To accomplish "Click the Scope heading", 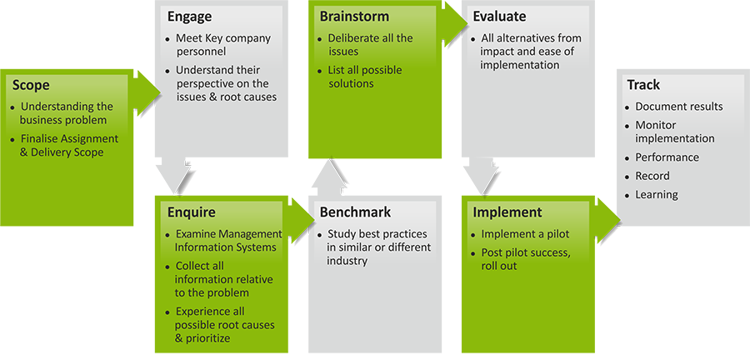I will click(31, 85).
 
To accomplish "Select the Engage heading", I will click(189, 17).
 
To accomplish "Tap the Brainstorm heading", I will click(354, 17).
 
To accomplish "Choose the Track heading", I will click(642, 85).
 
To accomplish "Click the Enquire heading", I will click(192, 212).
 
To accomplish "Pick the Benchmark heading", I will click(355, 212).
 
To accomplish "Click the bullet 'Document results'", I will click(678, 107).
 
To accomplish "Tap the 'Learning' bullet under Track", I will click(656, 195).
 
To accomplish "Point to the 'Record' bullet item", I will click(652, 176).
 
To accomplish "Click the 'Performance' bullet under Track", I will click(667, 157).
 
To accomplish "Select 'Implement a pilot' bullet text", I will click(524, 234).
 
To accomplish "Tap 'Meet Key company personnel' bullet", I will click(222, 45).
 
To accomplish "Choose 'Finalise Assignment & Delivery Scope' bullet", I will click(69, 146).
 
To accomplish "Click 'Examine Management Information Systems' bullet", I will click(227, 241).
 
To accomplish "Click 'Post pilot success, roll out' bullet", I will click(525, 259).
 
